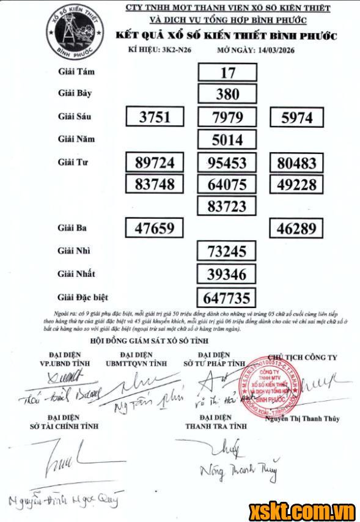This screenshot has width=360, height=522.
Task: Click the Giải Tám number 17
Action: pyautogui.click(x=227, y=73)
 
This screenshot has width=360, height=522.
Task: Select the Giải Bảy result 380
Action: pyautogui.click(x=227, y=95)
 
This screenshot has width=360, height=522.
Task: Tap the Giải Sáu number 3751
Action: pyautogui.click(x=155, y=117)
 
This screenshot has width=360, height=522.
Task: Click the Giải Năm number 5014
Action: pyautogui.click(x=227, y=140)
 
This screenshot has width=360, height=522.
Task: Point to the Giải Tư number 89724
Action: pyautogui.click(x=155, y=163)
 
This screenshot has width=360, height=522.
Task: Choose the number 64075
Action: pyautogui.click(x=227, y=184)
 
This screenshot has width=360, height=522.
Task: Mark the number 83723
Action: pyautogui.click(x=227, y=206)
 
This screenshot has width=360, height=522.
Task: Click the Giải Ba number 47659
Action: pyautogui.click(x=155, y=229)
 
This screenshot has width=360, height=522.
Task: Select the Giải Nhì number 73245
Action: pyautogui.click(x=227, y=251)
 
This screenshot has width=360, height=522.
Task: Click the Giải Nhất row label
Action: pyautogui.click(x=77, y=274)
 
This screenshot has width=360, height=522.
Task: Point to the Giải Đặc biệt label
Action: pyautogui.click(x=83, y=297)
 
